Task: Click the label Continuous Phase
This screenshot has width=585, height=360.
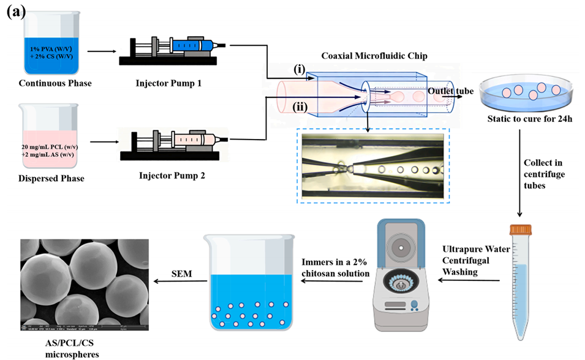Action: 55,83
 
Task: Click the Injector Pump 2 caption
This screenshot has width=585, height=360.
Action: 172,176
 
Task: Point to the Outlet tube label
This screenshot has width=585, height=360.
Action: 451,91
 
